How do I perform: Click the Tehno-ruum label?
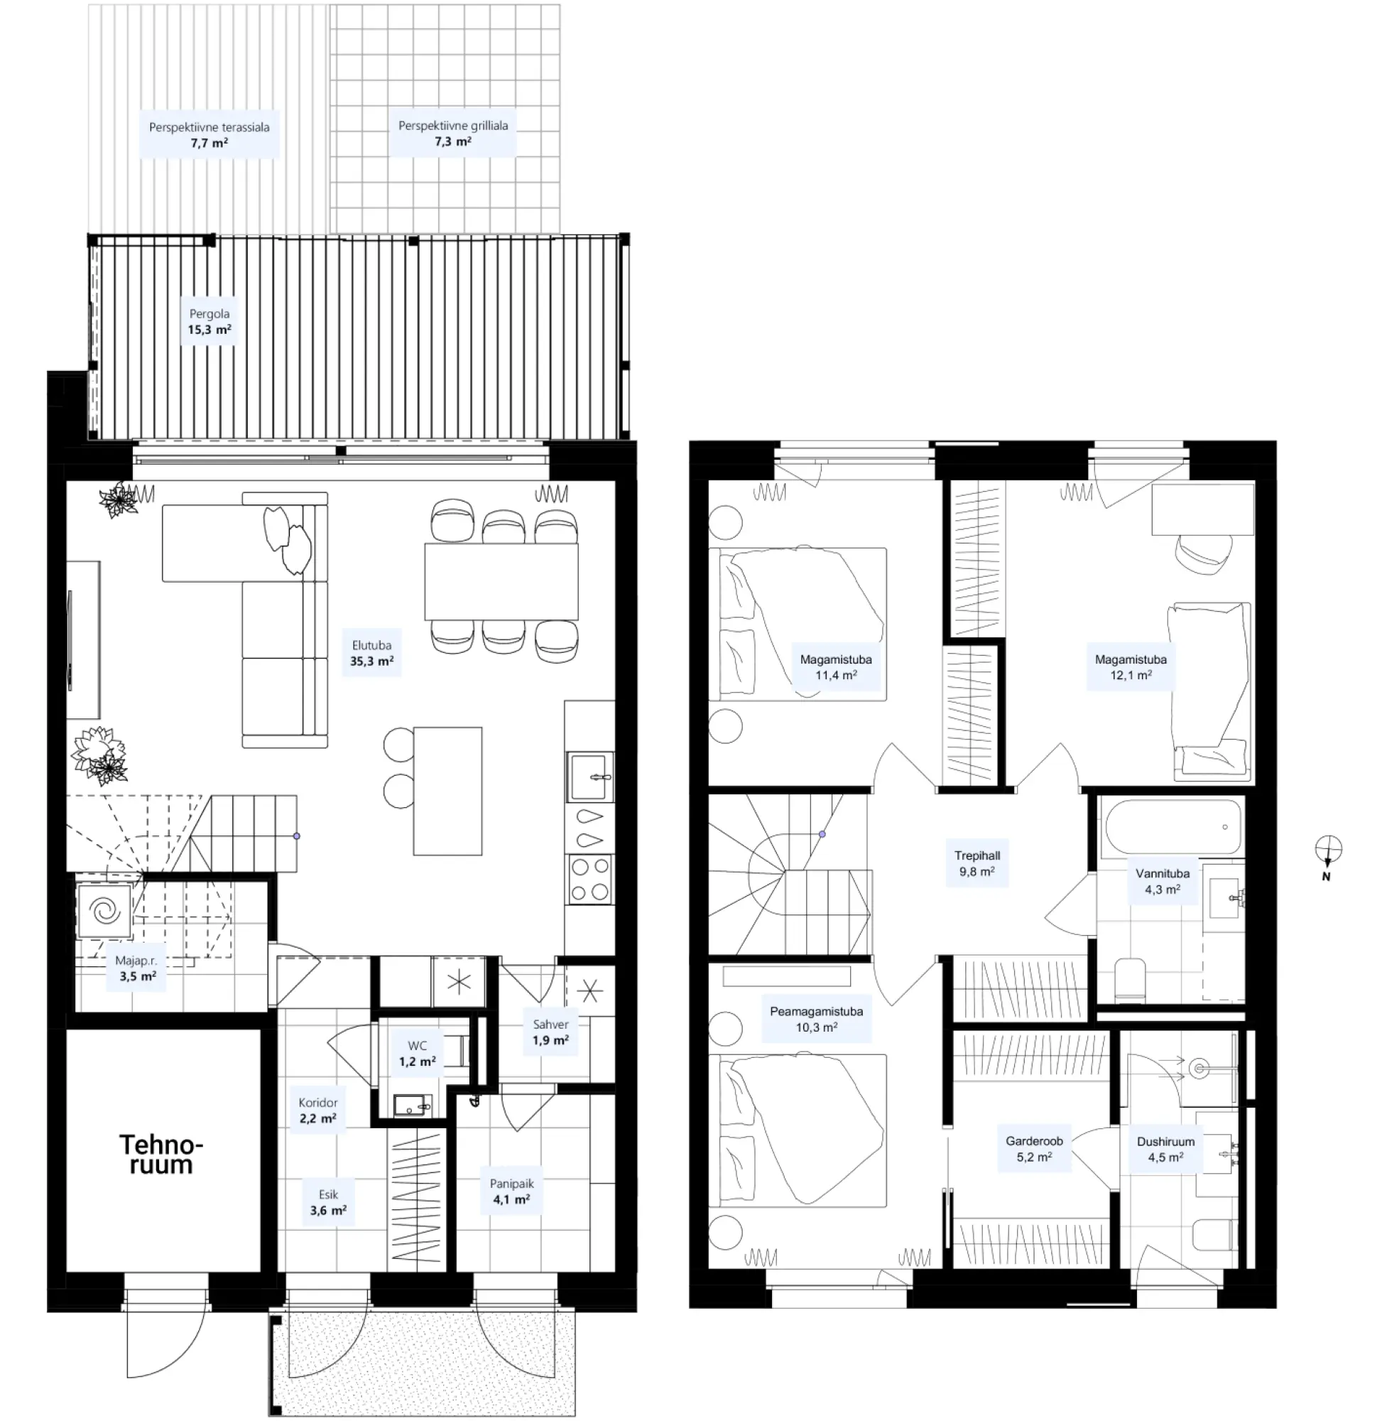pos(161,1155)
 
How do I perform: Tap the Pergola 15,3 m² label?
pos(210,322)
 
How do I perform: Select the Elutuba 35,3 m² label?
pos(371,654)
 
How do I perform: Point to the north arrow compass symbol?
pos(1327,852)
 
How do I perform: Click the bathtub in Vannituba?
pos(1172,827)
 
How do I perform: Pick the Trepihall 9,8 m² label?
pos(978,863)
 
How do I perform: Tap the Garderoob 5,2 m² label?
pos(1034,1149)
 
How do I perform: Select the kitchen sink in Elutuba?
pos(591,776)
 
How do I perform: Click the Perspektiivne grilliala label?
pos(453,133)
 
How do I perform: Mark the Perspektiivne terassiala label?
pos(209,135)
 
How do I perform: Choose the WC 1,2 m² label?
pos(418,1054)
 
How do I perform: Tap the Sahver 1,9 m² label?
pos(551,1032)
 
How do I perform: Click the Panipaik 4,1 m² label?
pos(512,1192)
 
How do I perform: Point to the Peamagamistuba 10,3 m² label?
pos(817,1019)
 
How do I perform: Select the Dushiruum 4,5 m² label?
pos(1165,1149)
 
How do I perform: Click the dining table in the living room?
pos(501,582)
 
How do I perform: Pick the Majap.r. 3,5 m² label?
pos(136,968)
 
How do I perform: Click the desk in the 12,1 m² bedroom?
pos(1203,509)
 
